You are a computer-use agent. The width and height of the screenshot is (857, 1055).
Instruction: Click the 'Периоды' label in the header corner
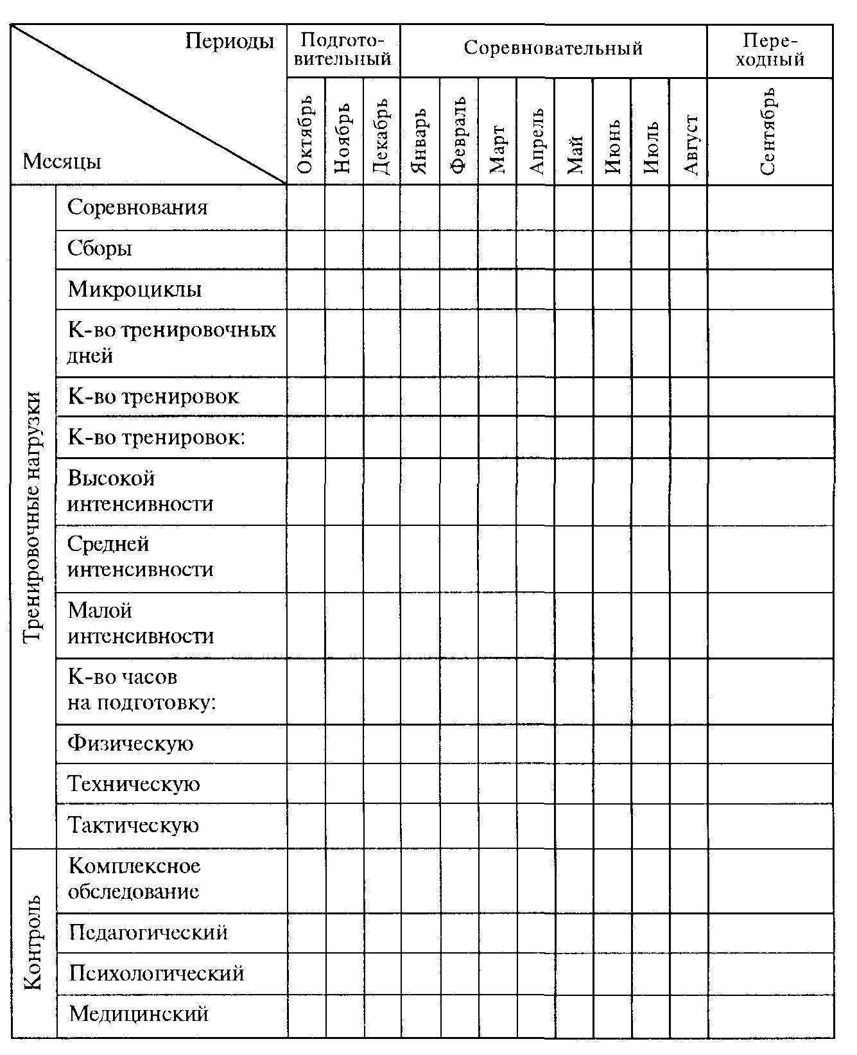[x=229, y=42]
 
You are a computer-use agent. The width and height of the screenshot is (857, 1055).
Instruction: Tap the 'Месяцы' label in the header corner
[x=62, y=161]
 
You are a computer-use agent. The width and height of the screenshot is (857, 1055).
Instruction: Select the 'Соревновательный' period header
[x=553, y=49]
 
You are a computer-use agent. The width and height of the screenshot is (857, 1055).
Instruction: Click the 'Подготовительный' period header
[x=343, y=50]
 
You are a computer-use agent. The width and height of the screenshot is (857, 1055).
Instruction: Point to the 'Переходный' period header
[x=770, y=50]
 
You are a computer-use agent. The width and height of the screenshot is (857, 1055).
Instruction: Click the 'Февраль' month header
[x=458, y=135]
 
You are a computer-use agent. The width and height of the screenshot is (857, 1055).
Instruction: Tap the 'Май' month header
[x=574, y=154]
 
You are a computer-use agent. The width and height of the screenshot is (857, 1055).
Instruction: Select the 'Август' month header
[x=689, y=144]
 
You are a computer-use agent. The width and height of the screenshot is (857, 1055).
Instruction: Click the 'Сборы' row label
[x=100, y=248]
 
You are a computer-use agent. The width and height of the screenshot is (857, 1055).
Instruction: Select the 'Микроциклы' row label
[x=135, y=290]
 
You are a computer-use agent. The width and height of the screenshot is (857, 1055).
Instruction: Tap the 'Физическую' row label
[x=130, y=744]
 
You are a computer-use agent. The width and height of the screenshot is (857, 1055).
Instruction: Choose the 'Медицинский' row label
[x=139, y=1014]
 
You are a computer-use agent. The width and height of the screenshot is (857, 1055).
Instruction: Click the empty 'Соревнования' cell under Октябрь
[x=306, y=207]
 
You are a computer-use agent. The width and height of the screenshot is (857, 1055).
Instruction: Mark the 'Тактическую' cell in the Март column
[x=497, y=825]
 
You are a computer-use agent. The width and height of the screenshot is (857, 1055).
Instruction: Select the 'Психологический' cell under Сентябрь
[x=770, y=973]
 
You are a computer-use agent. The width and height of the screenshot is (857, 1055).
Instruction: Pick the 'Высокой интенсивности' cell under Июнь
[x=612, y=491]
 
